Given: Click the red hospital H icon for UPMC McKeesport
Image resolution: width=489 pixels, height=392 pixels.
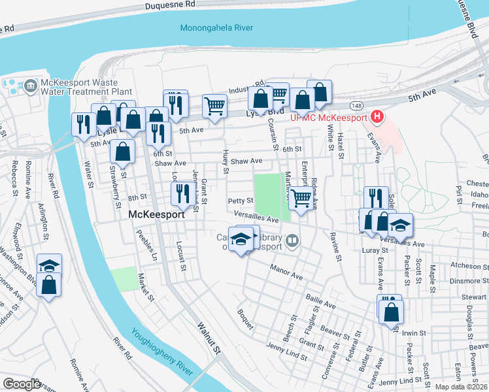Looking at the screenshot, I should (x=377, y=118).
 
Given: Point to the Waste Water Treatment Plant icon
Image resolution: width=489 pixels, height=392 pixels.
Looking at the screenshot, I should (x=30, y=86).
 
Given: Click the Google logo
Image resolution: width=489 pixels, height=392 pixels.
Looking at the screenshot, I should (x=22, y=384).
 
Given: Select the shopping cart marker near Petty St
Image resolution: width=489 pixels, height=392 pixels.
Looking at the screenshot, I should (x=300, y=198).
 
